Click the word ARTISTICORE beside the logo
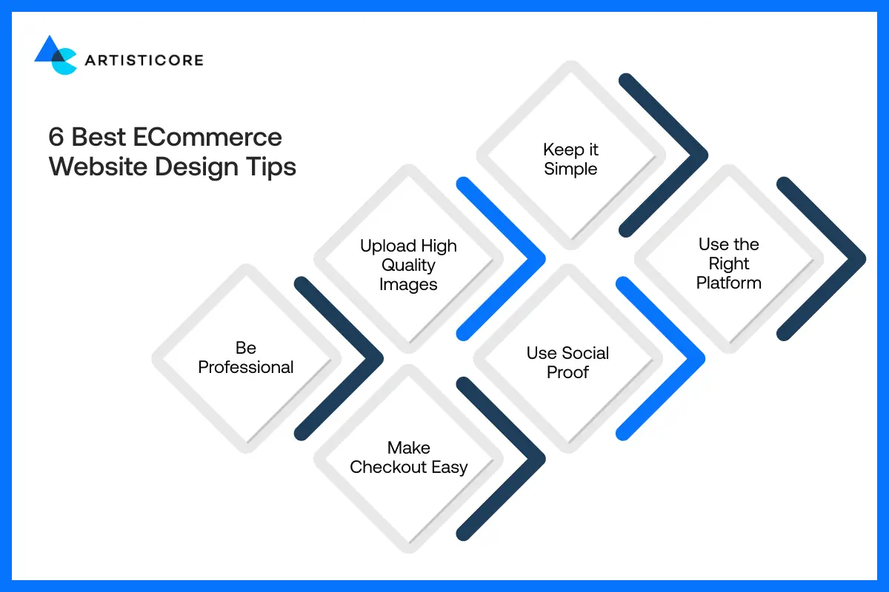point(144,60)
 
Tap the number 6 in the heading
point(56,138)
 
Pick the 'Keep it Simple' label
point(570,159)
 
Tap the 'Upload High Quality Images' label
point(408,265)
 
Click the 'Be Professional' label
point(246,357)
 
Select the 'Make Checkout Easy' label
point(408,457)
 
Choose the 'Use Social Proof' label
point(567,363)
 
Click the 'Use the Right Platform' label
point(729,263)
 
